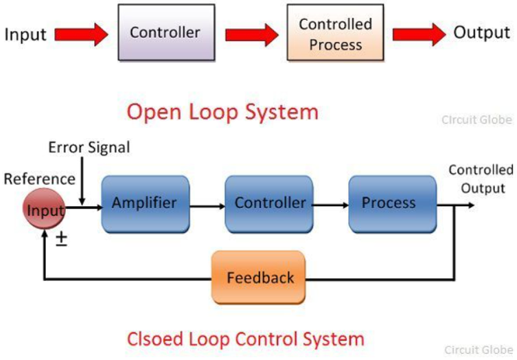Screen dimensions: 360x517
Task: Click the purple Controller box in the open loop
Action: (x=165, y=33)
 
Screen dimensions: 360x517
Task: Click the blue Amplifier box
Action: (x=145, y=203)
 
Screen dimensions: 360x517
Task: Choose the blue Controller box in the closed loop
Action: (x=269, y=203)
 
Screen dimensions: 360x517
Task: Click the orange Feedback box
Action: (x=260, y=278)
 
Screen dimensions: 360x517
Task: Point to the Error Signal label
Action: (x=89, y=147)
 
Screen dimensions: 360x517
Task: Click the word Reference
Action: (x=39, y=179)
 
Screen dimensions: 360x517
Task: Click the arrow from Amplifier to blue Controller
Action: (x=207, y=204)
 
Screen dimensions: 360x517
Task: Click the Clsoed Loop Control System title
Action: (x=245, y=338)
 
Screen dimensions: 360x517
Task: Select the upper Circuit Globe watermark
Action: (x=476, y=120)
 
